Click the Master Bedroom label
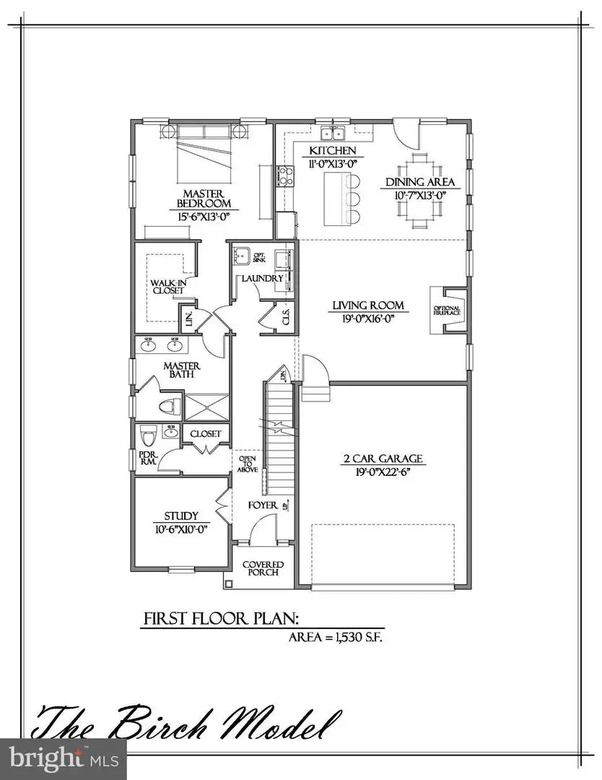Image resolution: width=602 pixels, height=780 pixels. tap(202, 199)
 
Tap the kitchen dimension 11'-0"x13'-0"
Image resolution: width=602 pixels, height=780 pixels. tap(333, 164)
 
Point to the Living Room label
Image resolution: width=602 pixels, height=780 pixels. tap(367, 305)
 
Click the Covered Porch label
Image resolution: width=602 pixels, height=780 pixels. tap(263, 568)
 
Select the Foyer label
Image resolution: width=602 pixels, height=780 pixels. tap(263, 506)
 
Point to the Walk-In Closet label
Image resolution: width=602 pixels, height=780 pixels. tap(167, 286)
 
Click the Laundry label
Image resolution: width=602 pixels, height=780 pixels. tap(262, 278)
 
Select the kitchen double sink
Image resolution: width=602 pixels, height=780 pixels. tap(333, 134)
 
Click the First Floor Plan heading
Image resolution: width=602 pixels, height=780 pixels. tap(222, 618)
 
